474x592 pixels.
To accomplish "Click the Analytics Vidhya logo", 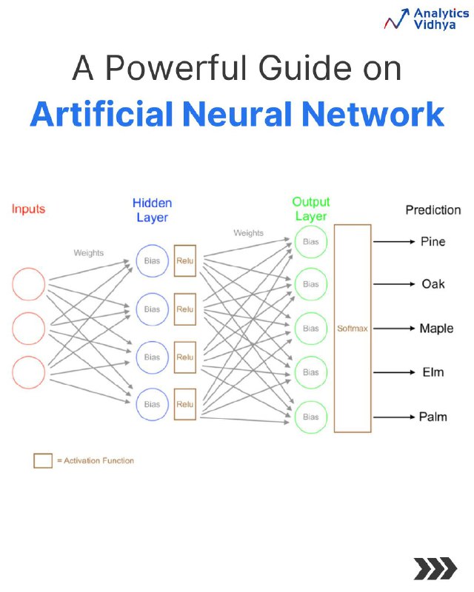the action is point(427,19).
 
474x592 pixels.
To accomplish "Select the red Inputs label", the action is point(28,209).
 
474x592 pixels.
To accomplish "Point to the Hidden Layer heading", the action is point(153,210).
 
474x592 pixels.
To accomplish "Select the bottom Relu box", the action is point(185,404).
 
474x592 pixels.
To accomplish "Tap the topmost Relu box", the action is point(185,261).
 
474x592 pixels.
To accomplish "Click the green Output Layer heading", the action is point(311,209).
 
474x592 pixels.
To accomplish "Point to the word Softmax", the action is point(353,329).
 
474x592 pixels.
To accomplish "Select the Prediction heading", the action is point(433,210).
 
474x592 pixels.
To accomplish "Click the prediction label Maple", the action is point(436,329).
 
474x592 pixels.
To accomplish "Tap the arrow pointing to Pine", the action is point(394,242).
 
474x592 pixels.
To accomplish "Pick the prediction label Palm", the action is point(433,417).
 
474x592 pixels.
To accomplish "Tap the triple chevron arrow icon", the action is point(435,568).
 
